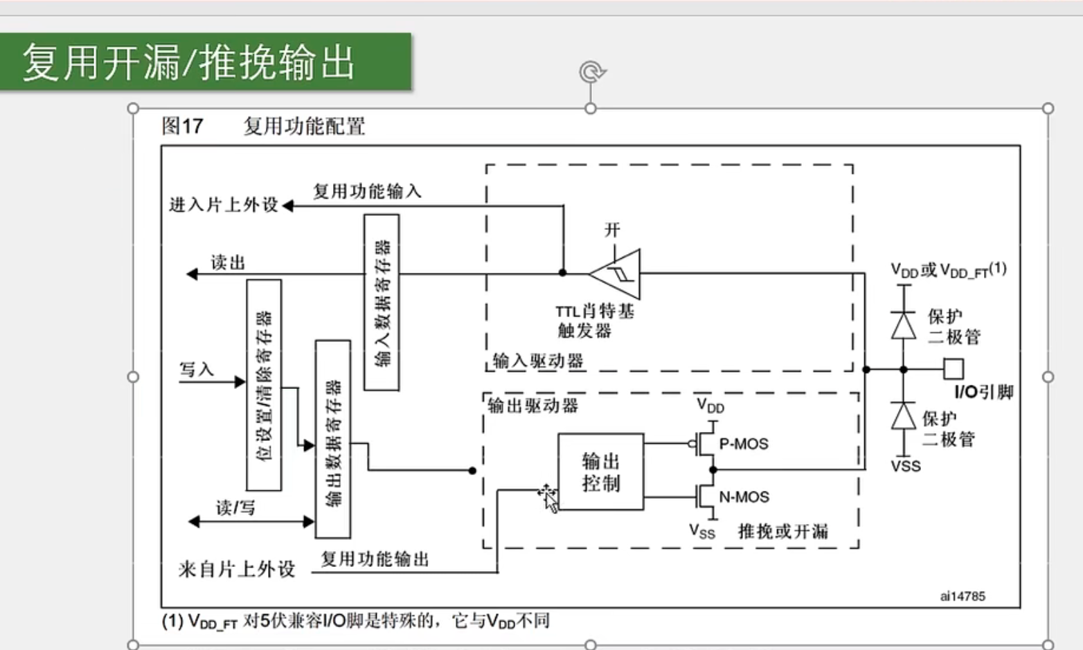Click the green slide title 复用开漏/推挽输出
coord(188,62)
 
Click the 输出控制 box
coord(600,472)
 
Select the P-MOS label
coord(744,444)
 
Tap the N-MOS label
coord(744,497)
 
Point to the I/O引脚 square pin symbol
coord(954,368)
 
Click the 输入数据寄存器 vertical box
coord(382,303)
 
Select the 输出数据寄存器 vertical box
coord(332,439)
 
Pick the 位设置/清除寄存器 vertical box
coord(264,385)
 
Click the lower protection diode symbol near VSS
coord(903,417)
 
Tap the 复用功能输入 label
coord(367,191)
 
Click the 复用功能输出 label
coord(375,559)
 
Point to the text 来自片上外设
coord(237,569)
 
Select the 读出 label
coord(228,262)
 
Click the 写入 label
coord(197,369)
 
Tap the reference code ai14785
coord(963,596)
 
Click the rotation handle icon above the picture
coord(592,71)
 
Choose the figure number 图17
coord(182,126)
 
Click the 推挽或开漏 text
coord(782,532)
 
